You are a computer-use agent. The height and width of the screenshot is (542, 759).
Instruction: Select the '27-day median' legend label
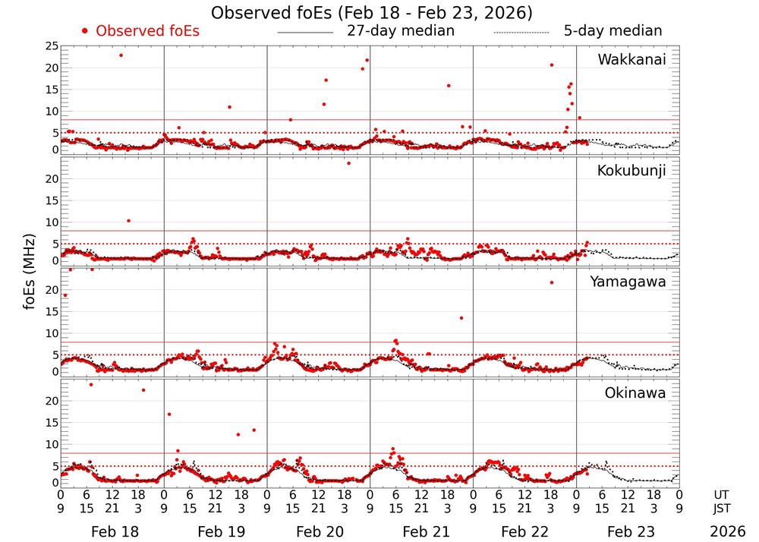[x=400, y=31]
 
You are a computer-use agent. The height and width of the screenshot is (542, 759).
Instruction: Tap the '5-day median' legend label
[x=613, y=31]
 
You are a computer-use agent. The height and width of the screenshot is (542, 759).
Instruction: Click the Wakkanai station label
[x=631, y=60]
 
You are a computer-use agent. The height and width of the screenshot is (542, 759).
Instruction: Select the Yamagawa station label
[x=628, y=282]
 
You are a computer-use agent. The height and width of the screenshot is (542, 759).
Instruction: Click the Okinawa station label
[x=635, y=392]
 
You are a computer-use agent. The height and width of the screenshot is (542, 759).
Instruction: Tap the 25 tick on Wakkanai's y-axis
[x=51, y=46]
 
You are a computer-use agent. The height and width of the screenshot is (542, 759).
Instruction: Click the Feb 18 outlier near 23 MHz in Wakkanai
[x=121, y=55]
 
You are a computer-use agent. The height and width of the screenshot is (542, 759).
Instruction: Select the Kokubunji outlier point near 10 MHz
[x=128, y=221]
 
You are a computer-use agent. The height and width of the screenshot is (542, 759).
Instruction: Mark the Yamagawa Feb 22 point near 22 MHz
[x=552, y=282]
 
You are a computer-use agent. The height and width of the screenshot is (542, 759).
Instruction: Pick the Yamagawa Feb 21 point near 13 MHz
[x=461, y=318]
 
